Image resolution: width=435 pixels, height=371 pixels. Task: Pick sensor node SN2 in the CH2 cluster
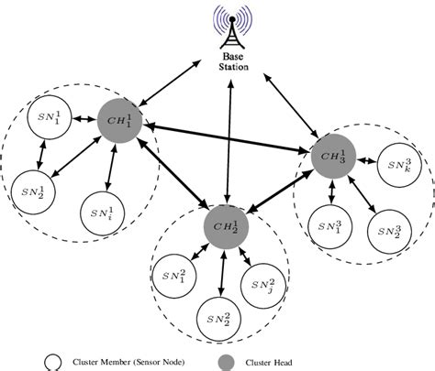(x=220, y=316)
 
